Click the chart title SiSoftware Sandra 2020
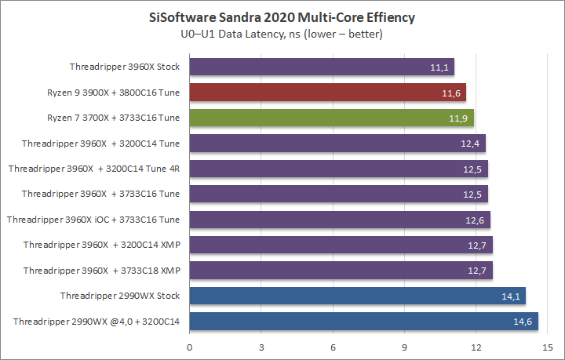point(282,16)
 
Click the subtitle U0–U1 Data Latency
point(282,34)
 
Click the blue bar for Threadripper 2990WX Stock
point(357,295)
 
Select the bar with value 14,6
point(363,321)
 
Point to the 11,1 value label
point(439,67)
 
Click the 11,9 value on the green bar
point(459,118)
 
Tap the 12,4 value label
point(471,144)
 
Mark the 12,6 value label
point(476,220)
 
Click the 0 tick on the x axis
point(189,346)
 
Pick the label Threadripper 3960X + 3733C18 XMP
point(102,270)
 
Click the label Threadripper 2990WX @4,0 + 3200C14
point(97,321)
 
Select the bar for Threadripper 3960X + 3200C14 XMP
point(341,245)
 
